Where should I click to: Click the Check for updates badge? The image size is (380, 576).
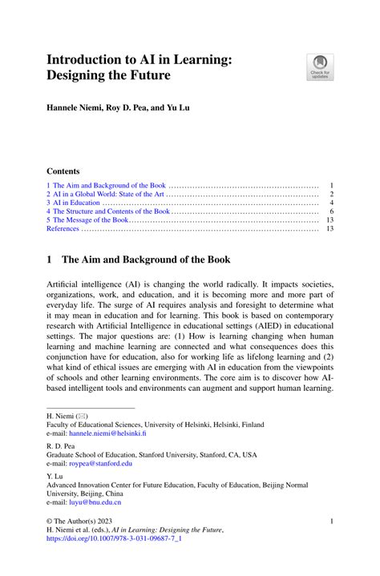[x=320, y=66]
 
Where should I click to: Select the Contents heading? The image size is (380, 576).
[x=63, y=171]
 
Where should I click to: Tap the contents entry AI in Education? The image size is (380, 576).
[x=72, y=203]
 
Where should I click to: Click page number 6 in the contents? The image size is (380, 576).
[x=330, y=211]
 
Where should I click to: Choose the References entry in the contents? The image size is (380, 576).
[x=63, y=229]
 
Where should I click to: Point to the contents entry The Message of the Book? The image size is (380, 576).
[x=87, y=220]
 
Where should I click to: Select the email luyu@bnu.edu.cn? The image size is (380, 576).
[x=96, y=502]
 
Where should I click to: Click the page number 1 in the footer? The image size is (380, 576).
[x=331, y=521]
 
